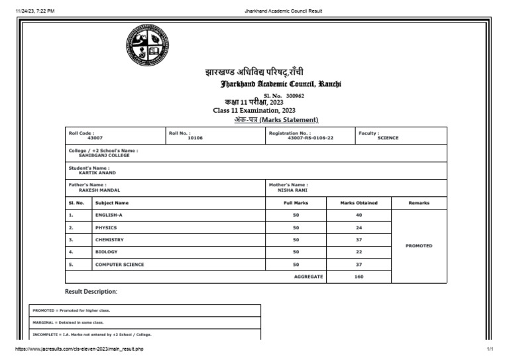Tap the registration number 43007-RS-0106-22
click(310, 139)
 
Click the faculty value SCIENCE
click(388, 139)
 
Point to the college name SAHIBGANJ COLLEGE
click(104, 155)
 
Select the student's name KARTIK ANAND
click(97, 173)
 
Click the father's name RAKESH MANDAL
click(99, 190)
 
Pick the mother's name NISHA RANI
click(292, 190)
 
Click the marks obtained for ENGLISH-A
click(359, 215)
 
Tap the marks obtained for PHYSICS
click(359, 228)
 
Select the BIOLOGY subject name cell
click(106, 252)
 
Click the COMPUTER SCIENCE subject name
click(119, 265)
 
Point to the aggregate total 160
click(359, 276)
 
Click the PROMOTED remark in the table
click(418, 246)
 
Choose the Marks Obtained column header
click(359, 203)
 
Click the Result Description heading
click(91, 292)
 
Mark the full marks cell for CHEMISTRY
click(296, 240)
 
